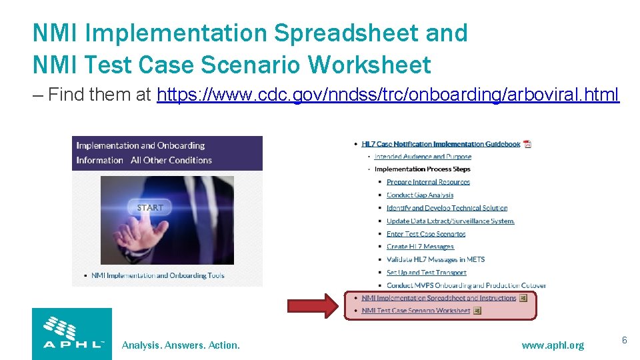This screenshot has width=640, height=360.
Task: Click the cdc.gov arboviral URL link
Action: (388, 95)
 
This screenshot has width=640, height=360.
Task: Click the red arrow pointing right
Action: (313, 306)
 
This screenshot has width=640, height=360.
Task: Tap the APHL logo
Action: (72, 333)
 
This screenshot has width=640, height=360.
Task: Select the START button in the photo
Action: (150, 207)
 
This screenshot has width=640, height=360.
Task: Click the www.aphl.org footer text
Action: (553, 345)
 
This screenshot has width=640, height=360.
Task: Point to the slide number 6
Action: (625, 341)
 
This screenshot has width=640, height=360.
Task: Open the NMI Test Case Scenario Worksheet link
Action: (415, 311)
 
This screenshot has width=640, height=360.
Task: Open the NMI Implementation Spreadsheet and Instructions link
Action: (439, 298)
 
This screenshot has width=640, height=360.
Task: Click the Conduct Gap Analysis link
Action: (420, 195)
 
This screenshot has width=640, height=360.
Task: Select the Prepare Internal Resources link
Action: (428, 182)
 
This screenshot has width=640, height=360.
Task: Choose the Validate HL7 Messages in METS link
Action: (435, 259)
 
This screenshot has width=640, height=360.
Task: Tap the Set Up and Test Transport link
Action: (426, 273)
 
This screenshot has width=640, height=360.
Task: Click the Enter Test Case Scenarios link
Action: (426, 234)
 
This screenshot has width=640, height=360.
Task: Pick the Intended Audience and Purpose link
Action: (423, 157)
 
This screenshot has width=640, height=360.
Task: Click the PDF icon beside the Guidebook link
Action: (527, 144)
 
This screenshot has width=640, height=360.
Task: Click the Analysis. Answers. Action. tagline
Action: (181, 345)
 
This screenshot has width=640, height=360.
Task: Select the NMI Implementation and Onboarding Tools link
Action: (157, 275)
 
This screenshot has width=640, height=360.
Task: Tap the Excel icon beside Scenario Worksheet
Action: (477, 311)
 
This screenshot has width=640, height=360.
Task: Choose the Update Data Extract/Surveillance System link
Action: (451, 221)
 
